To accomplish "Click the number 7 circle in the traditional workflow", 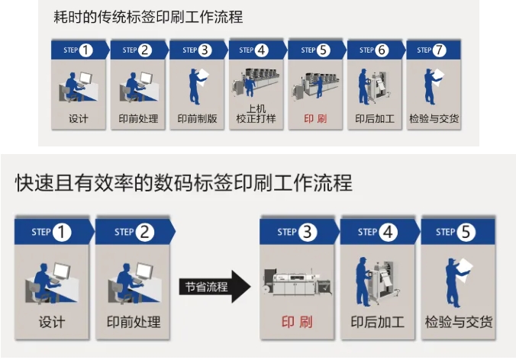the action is point(440,50).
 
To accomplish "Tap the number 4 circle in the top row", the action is point(262,50).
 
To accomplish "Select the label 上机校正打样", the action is point(256,114).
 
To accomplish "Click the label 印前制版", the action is point(197,119).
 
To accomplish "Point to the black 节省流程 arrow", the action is point(215,287).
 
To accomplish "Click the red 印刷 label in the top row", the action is point(315,119).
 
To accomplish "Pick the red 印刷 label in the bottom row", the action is point(297,322).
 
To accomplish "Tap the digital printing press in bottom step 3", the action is point(297,281).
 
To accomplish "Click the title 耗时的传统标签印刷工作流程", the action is point(148,17).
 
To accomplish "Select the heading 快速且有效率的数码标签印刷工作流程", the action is point(184,183).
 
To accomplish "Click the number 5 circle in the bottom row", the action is point(466,232).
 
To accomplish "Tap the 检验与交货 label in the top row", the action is point(434,119).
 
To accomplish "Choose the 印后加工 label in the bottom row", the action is point(377,322).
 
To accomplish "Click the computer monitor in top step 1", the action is point(85,79).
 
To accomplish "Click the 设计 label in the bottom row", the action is point(52,322).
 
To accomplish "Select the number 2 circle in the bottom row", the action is point(144,232).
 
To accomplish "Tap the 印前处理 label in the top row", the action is point(138,119).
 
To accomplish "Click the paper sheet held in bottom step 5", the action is point(464,270).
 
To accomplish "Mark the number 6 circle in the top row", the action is point(382,50).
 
